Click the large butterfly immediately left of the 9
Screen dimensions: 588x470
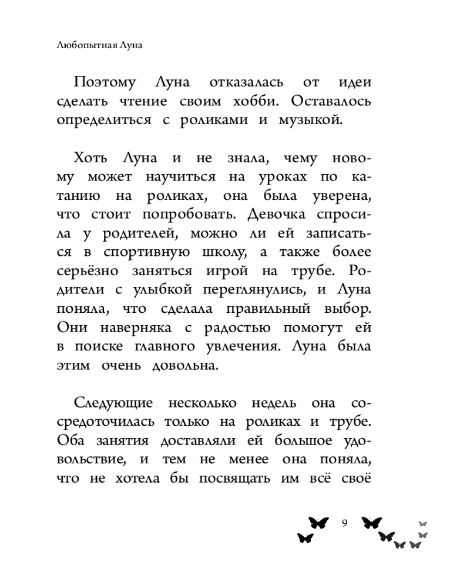(x=318, y=522)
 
